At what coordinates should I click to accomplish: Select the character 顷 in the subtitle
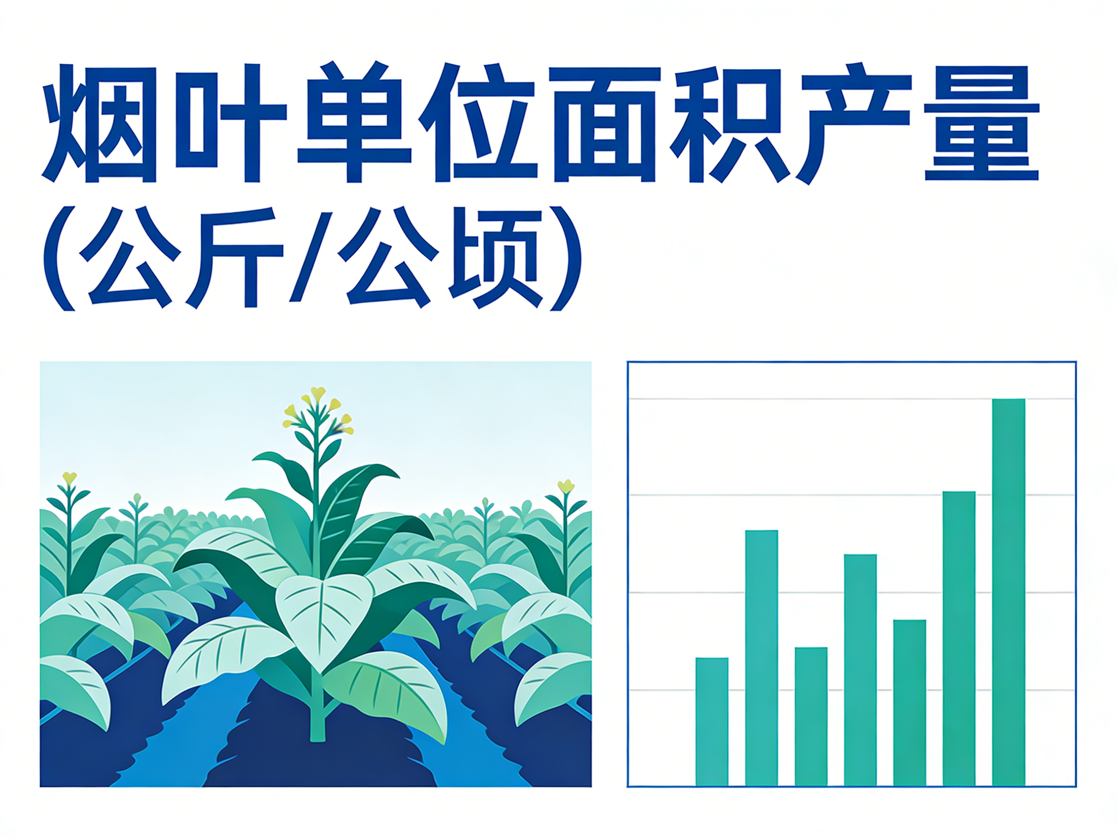[x=495, y=258]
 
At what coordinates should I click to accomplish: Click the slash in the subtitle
[x=314, y=258]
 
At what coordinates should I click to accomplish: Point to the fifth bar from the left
[x=910, y=702]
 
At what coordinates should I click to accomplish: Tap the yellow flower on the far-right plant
[x=566, y=486]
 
